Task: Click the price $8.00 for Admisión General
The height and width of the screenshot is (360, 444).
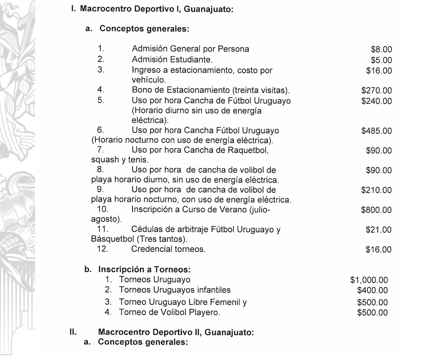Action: [381, 50]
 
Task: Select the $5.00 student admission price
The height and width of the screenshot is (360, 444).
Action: [381, 60]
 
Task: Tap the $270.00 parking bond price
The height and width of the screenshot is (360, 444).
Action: [376, 91]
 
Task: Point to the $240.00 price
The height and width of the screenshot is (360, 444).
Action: [376, 101]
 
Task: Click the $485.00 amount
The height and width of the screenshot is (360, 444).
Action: [376, 131]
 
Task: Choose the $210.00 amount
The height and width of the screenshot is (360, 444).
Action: [376, 190]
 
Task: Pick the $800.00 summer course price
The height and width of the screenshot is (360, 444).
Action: [376, 210]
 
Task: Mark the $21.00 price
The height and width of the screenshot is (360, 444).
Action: [379, 230]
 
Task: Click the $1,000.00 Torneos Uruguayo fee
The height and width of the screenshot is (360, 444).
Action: [369, 280]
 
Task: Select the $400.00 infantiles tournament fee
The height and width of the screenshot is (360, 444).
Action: [372, 291]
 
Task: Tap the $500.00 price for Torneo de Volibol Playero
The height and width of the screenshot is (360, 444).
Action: [372, 313]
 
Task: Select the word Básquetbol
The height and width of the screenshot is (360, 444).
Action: [112, 239]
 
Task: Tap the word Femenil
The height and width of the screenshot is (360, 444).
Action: [227, 302]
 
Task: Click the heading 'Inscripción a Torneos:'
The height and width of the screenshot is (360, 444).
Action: [144, 269]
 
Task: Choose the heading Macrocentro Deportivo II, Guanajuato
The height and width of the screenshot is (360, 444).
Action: [176, 332]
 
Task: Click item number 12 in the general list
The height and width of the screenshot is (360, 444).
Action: [103, 249]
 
